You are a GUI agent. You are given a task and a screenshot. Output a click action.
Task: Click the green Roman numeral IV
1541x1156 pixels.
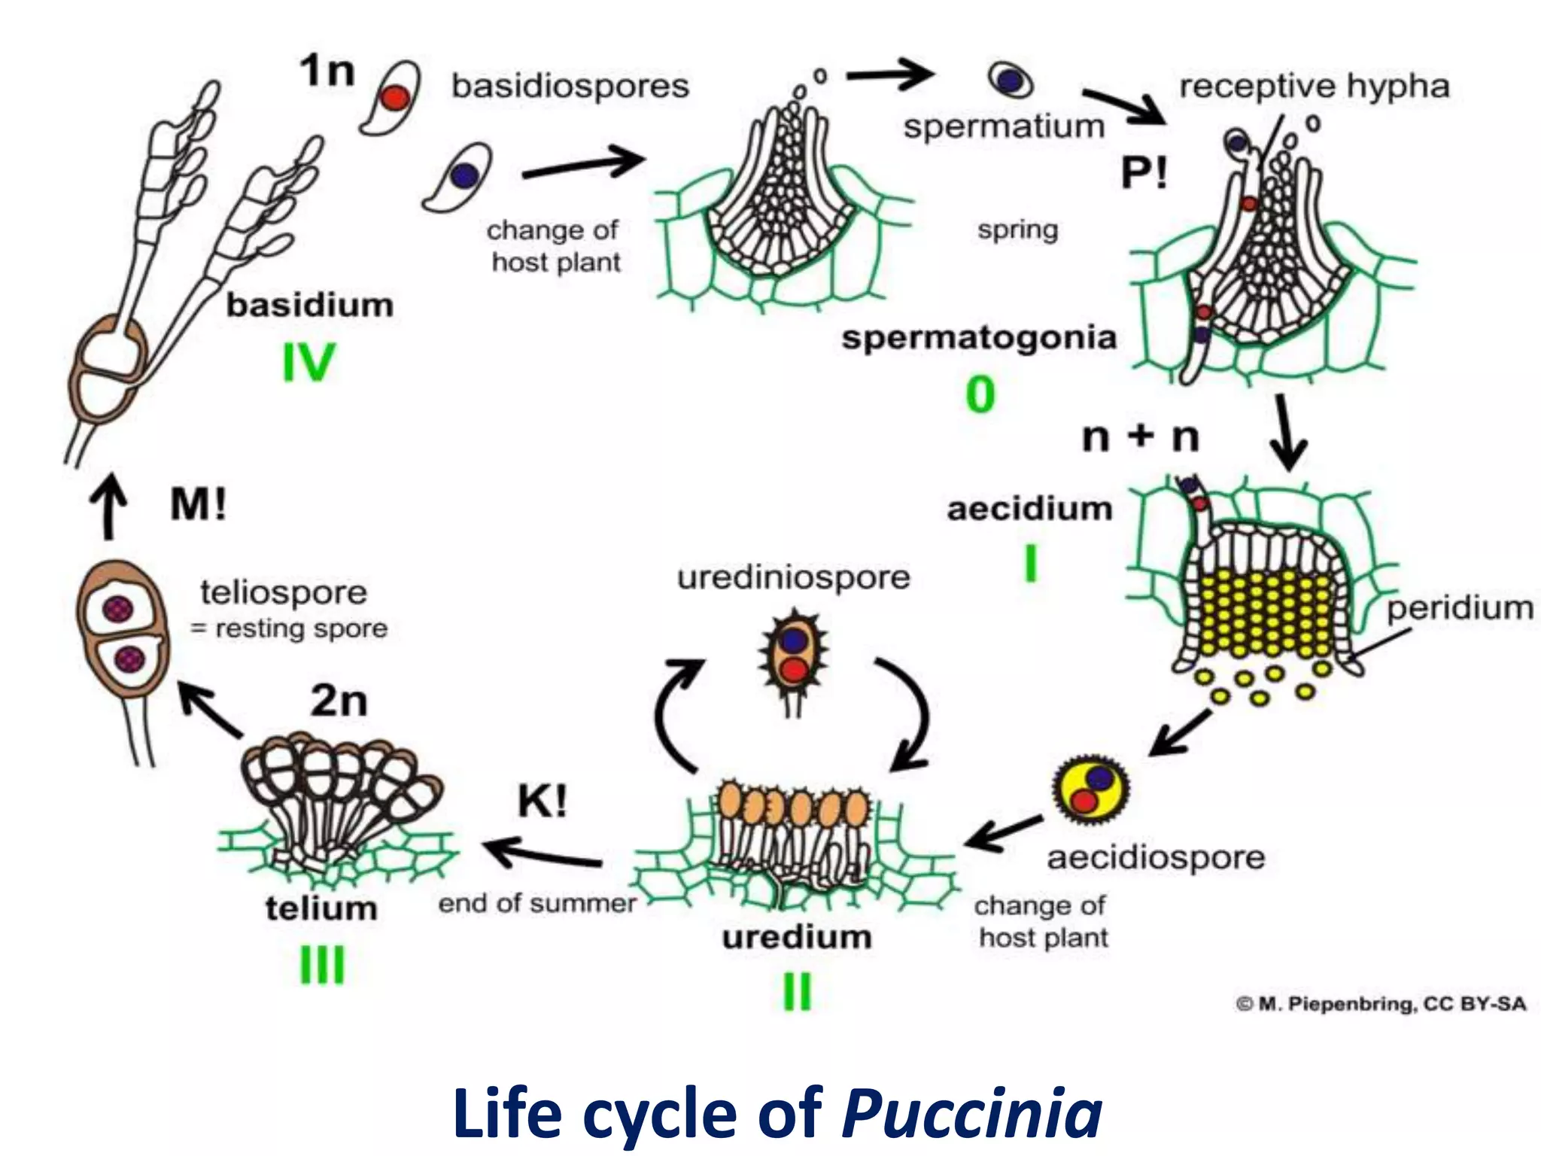[309, 363]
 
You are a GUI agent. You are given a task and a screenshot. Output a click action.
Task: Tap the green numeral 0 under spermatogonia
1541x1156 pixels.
[980, 394]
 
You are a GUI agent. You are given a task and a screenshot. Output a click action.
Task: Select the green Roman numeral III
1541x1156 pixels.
[322, 965]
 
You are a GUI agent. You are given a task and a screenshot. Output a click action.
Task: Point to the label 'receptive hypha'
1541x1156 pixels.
[1314, 85]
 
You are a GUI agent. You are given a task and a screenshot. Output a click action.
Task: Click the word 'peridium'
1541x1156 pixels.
[1460, 608]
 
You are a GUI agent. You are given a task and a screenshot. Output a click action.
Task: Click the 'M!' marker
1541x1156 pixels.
[198, 503]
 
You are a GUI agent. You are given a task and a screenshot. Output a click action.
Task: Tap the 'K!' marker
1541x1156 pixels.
[542, 802]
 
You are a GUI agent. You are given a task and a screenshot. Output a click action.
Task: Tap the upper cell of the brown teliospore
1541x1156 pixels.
[120, 608]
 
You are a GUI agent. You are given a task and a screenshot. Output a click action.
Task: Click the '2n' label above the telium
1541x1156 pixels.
[339, 701]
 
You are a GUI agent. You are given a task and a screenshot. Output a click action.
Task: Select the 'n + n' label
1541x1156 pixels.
[1141, 437]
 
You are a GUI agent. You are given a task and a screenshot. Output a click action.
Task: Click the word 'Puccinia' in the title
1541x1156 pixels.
[971, 1112]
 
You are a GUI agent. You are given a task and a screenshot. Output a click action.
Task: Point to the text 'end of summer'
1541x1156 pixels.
[537, 902]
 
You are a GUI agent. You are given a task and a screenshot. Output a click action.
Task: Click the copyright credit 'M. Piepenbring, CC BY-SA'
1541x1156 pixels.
[1381, 1004]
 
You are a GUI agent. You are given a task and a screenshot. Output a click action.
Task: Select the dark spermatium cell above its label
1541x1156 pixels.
[1011, 80]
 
